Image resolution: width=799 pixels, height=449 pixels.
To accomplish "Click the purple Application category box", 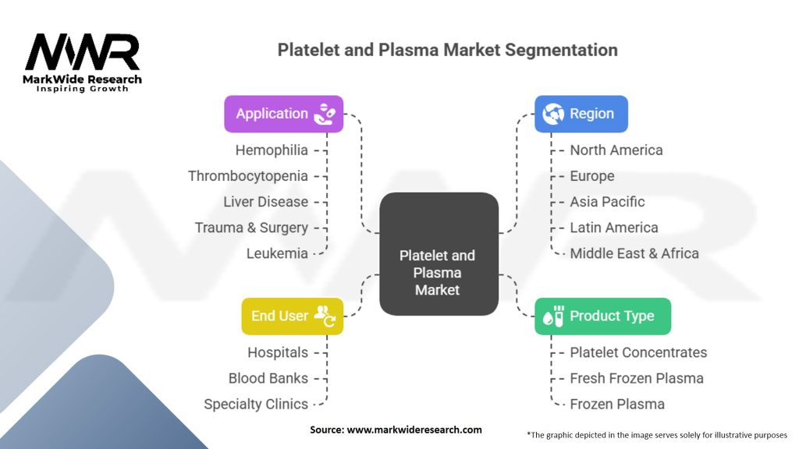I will coord(283,114).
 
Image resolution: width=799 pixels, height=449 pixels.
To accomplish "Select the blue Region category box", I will coord(581,114).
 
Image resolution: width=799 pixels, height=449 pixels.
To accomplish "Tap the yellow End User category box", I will coord(292,316).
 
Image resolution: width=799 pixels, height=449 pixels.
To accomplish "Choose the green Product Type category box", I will coord(602,316).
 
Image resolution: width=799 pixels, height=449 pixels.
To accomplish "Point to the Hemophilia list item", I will coord(272,150).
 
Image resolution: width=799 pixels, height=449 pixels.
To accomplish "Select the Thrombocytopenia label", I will coord(248,175).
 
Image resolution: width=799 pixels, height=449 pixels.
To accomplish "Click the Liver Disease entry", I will coord(265,201).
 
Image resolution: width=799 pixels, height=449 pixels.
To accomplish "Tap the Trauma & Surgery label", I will coord(251,228).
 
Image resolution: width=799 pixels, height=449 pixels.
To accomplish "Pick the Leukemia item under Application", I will coord(277,253).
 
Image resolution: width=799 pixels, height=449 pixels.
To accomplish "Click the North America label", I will coord(616,150).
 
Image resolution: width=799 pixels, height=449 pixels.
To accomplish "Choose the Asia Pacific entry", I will coord(607,201).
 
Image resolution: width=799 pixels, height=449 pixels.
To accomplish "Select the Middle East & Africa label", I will coord(634,253).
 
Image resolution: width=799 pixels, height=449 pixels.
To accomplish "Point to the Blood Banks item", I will coord(268,378).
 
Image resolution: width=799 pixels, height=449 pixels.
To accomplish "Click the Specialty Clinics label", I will coord(256,404).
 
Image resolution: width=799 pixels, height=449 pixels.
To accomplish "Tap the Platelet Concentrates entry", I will coord(638,352).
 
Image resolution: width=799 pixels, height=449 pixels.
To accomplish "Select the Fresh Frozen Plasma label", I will coord(637,378).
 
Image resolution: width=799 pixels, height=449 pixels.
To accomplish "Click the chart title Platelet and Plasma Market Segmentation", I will coord(447,51).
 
